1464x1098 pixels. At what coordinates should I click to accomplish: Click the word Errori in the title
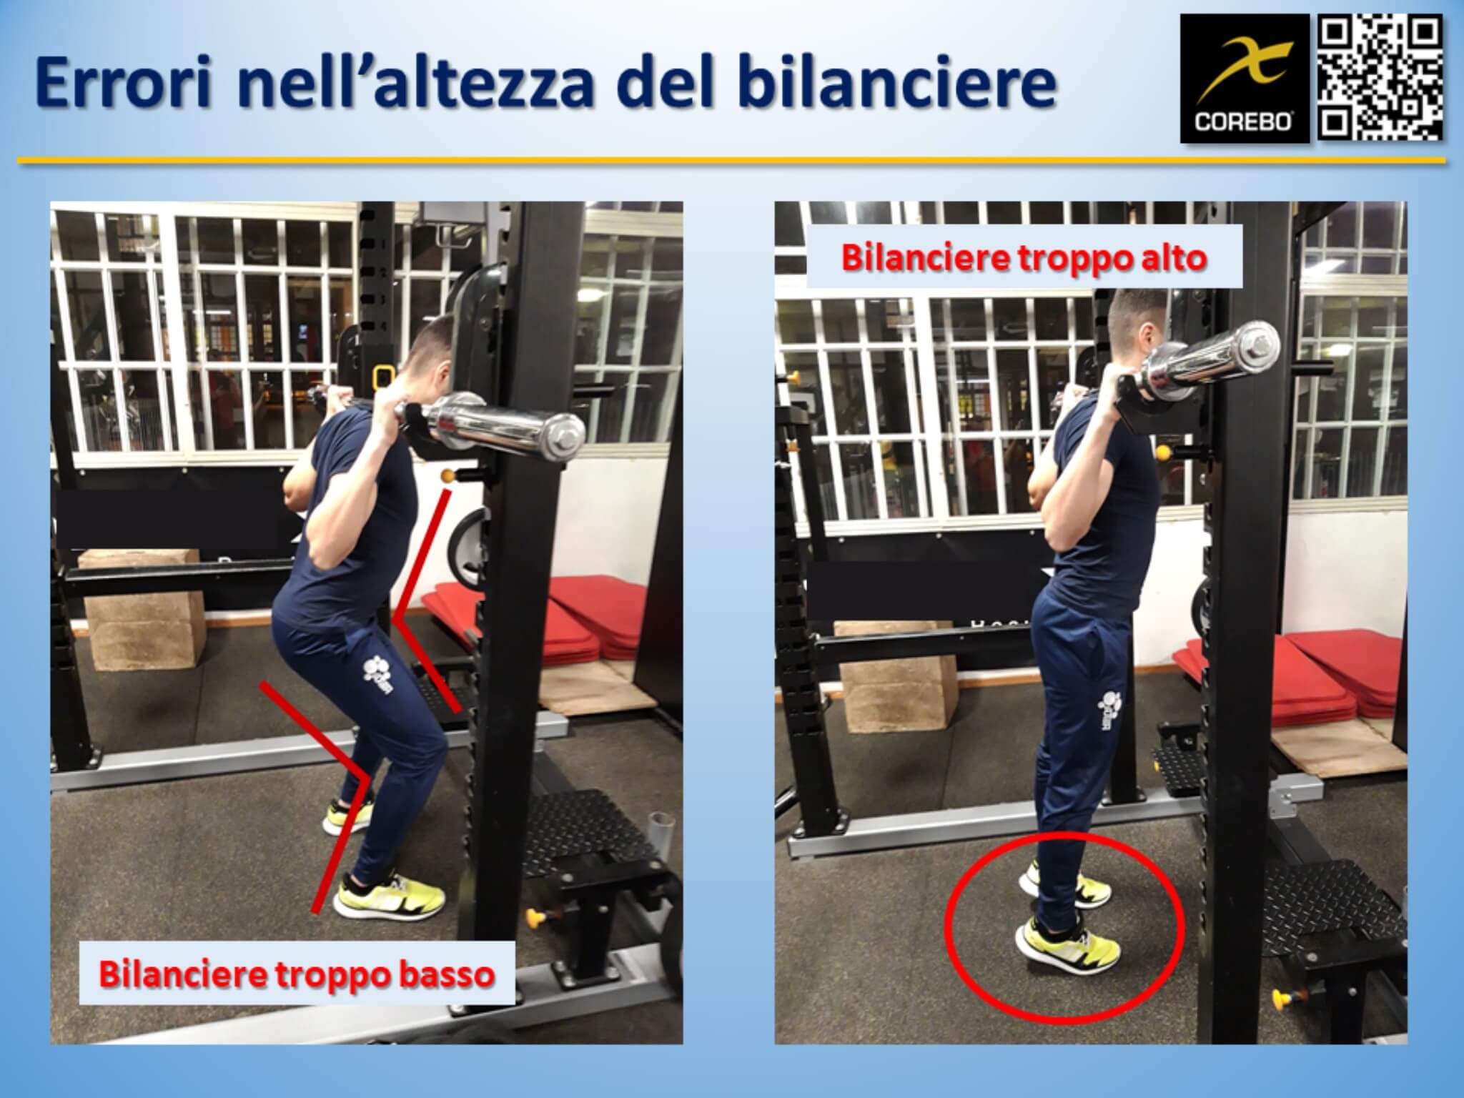tap(124, 84)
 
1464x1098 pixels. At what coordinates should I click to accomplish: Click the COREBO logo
tap(1245, 80)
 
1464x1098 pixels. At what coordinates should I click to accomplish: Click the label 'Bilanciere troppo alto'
tap(1024, 257)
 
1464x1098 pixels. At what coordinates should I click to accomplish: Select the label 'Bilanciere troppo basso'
tap(297, 974)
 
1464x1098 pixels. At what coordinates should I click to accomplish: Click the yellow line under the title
tap(732, 162)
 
